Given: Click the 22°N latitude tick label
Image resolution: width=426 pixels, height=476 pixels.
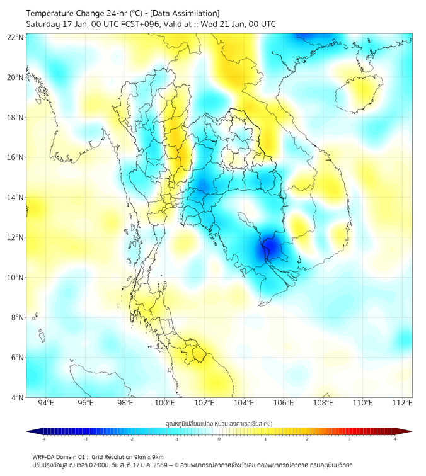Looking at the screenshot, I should tap(16, 37).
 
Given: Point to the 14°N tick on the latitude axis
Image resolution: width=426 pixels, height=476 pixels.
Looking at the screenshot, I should tap(16, 198).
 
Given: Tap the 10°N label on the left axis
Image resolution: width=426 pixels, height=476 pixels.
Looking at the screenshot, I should tap(16, 278).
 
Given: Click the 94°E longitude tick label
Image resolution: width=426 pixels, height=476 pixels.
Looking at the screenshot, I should tap(46, 403).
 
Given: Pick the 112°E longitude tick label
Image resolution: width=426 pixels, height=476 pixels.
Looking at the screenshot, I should tap(402, 403).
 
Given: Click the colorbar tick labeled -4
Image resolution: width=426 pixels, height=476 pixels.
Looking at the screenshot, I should tap(43, 439).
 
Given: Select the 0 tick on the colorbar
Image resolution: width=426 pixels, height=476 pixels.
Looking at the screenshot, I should tap(219, 439).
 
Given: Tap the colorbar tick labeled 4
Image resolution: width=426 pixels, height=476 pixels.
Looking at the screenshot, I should tap(394, 439).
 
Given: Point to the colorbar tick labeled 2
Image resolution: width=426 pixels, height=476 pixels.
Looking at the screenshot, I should tap(307, 439).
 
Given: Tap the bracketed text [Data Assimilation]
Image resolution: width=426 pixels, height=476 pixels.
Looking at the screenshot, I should tap(183, 13).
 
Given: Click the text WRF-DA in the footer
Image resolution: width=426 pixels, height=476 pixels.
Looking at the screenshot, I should tap(44, 456).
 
